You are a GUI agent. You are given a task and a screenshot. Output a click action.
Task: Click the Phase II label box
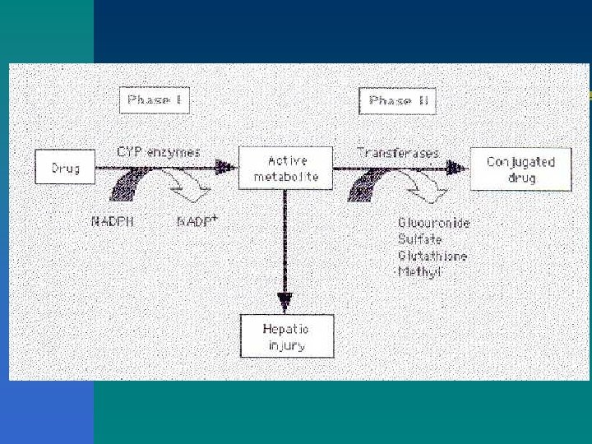[398, 101]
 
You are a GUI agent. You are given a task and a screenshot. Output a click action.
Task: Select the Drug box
[64, 168]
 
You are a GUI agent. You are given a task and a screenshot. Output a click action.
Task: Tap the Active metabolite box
[285, 168]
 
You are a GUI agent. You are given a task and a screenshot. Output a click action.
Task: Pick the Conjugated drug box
[520, 169]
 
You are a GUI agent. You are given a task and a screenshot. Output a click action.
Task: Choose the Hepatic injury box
[286, 335]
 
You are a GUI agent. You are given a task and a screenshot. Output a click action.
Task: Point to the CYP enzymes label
[159, 152]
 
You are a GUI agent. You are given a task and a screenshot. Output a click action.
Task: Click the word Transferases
[398, 152]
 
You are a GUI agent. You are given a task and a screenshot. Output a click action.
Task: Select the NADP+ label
[197, 220]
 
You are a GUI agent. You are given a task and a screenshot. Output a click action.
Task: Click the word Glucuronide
[433, 223]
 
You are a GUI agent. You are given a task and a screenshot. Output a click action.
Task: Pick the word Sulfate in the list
[419, 239]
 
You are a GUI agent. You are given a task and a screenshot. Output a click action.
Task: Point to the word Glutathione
[432, 256]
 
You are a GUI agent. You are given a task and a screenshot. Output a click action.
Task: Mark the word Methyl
[419, 272]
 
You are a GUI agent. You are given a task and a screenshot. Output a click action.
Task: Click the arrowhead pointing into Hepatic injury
[285, 300]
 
